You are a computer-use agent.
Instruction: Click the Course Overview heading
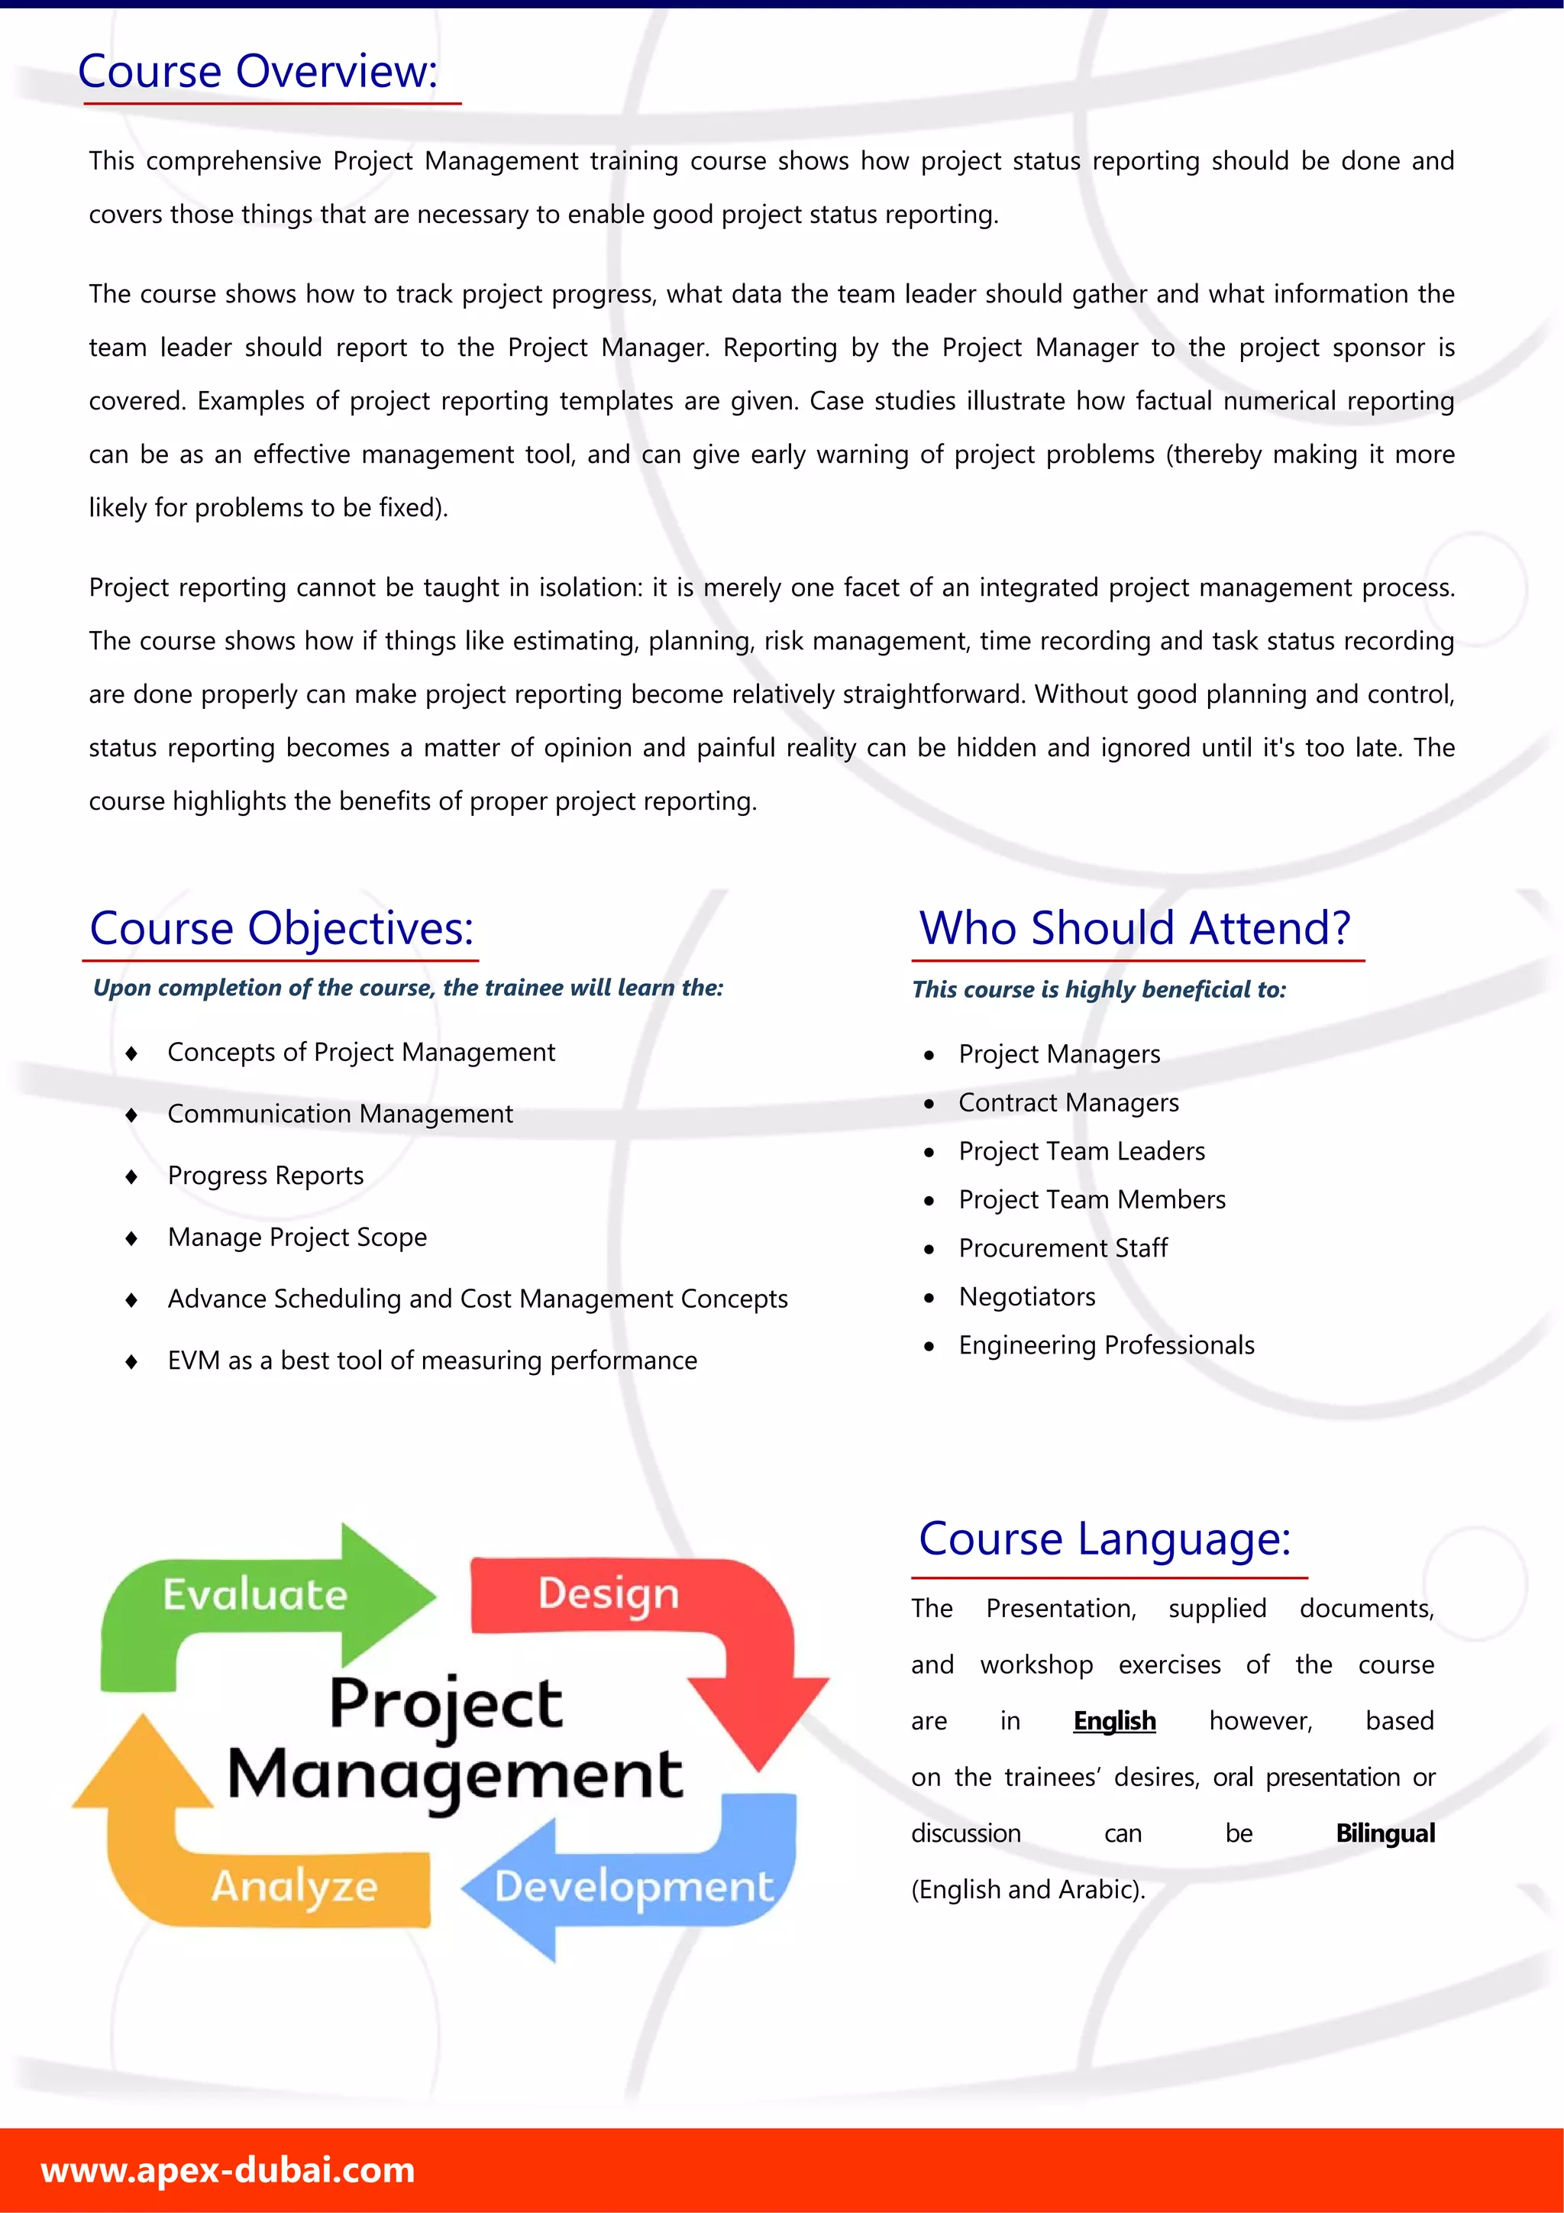257,71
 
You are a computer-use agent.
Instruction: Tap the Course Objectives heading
281,928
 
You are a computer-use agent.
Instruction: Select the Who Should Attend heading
1134,928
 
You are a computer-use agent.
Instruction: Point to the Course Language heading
1104,1538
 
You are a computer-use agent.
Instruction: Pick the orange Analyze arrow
280,1885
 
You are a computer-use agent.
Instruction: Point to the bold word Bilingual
1385,1833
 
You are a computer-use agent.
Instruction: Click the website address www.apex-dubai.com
228,2169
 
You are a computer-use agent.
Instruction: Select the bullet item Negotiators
1026,1296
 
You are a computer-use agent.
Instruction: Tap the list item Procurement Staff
1062,1248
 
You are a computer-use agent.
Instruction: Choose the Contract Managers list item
1068,1102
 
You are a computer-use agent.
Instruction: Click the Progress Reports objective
265,1176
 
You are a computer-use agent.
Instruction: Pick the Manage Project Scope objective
297,1238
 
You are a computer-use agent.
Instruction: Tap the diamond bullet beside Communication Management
131,1115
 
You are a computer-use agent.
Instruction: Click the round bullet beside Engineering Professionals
929,1347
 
